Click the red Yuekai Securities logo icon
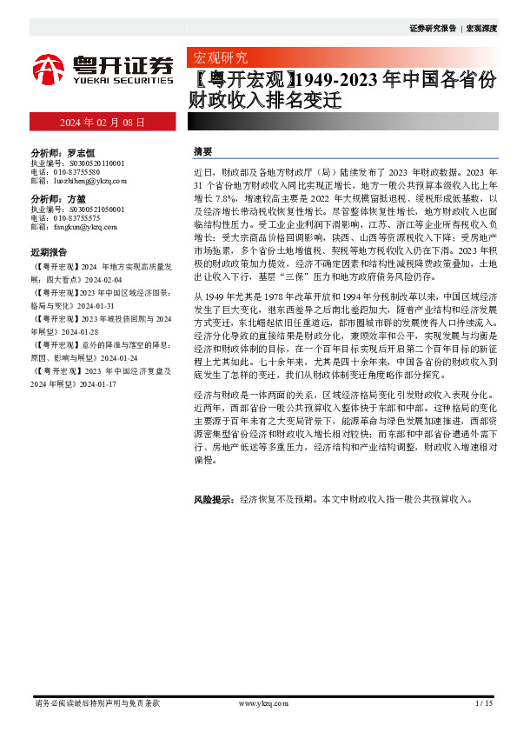click(x=48, y=68)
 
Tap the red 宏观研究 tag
click(x=218, y=58)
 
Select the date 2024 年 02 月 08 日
click(x=103, y=123)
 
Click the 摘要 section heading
click(x=202, y=151)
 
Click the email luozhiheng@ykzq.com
click(x=90, y=181)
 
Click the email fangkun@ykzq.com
click(x=85, y=227)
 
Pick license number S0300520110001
click(x=95, y=163)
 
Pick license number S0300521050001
click(x=95, y=210)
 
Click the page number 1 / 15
click(x=484, y=702)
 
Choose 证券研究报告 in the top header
click(x=432, y=29)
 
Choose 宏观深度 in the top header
click(x=481, y=29)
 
